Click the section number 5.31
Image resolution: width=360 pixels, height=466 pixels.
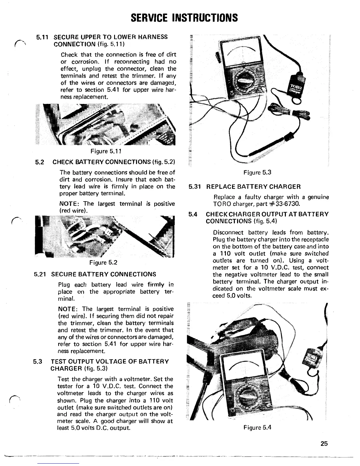195,187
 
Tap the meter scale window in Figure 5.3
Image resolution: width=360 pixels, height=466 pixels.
241,52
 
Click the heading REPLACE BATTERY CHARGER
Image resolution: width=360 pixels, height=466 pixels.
254,187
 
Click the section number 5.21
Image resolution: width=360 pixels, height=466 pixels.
40,274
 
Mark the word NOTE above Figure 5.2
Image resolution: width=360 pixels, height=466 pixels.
69,204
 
